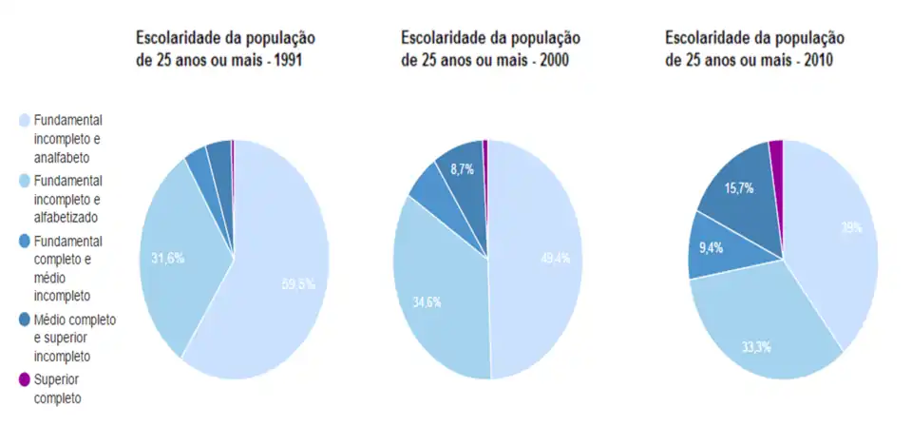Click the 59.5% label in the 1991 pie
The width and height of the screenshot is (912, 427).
297,283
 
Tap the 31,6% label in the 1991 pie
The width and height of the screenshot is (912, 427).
167,257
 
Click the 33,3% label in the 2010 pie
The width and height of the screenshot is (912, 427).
756,345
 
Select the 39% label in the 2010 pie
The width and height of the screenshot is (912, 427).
851,227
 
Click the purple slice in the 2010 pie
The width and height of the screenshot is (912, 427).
776,149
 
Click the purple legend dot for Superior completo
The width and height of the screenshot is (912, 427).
25,379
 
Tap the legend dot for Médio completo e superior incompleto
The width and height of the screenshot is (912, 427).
25,320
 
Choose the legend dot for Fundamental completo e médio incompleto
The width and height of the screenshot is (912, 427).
25,242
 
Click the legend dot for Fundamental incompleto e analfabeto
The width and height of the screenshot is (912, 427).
25,121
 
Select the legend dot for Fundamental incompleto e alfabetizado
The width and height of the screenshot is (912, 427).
25,180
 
